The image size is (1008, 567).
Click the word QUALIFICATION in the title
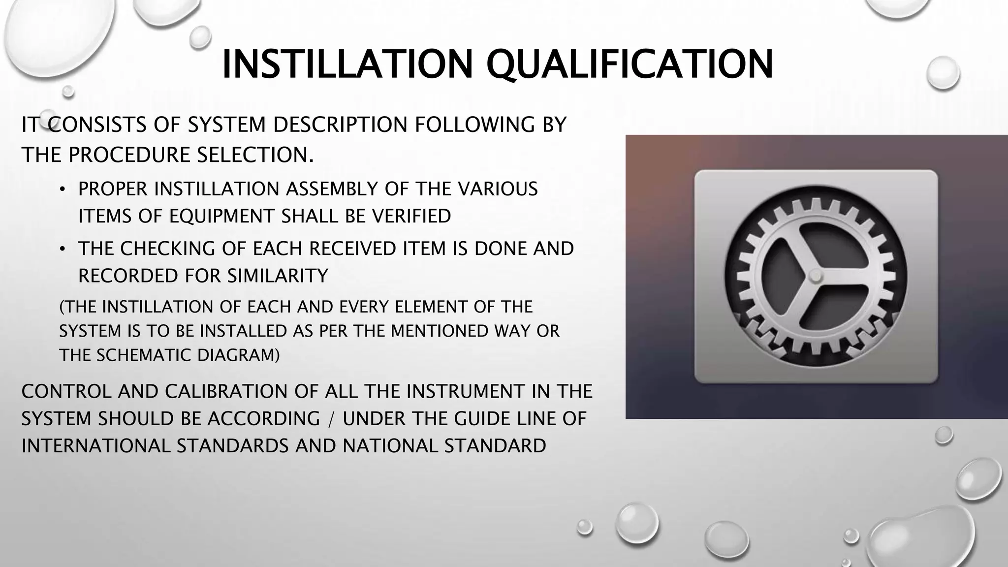[630, 64]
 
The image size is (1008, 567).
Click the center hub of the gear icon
[816, 276]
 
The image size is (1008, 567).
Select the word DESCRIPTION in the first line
[340, 125]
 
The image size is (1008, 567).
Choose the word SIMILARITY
[278, 276]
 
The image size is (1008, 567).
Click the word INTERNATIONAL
[96, 446]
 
